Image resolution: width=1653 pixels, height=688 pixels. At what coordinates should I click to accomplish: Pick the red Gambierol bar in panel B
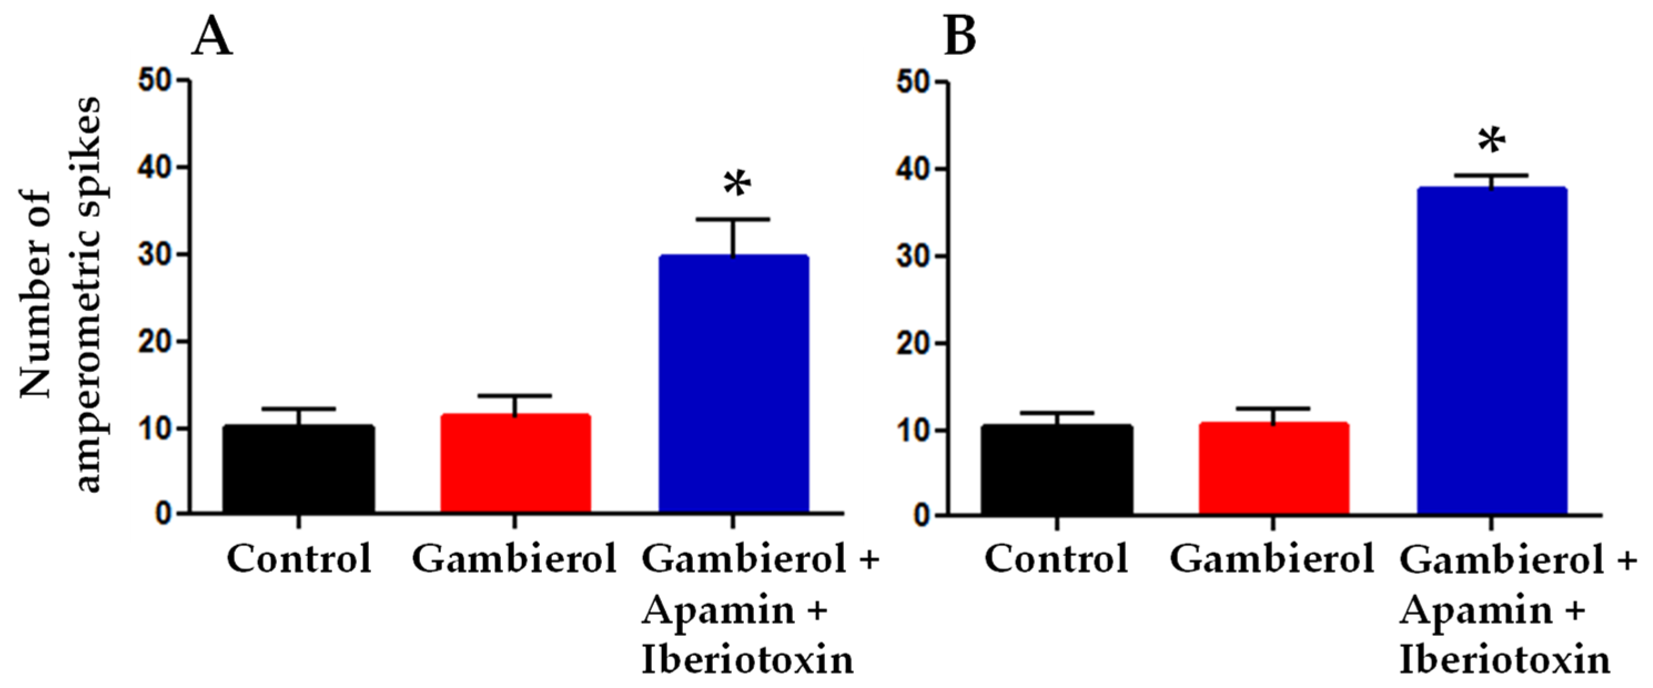click(1274, 467)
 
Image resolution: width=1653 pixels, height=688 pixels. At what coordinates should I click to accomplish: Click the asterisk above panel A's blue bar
click(737, 185)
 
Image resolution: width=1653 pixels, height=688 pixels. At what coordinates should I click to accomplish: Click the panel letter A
click(212, 37)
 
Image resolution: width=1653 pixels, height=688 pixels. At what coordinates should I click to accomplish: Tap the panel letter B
click(960, 37)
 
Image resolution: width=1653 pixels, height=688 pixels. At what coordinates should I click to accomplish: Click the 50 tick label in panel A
click(155, 81)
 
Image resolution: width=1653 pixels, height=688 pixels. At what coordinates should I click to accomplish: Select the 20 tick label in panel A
click(155, 342)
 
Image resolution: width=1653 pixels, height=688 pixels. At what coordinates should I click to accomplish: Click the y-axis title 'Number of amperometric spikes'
click(61, 295)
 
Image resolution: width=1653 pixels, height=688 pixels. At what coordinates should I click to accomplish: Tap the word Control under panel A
click(299, 558)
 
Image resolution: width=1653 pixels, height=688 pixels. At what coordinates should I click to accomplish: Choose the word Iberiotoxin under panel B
click(1505, 660)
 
